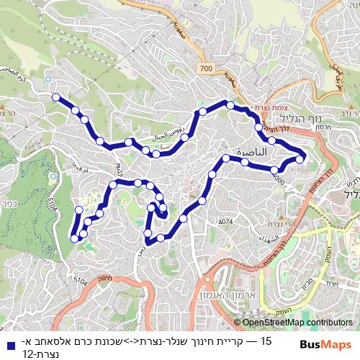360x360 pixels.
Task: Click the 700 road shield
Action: click(x=207, y=68)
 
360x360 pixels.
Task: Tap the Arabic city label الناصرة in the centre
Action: click(x=246, y=153)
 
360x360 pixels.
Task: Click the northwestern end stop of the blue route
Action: click(x=55, y=96)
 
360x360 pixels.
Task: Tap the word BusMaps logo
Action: click(x=325, y=344)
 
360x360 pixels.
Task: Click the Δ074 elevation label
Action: click(x=225, y=221)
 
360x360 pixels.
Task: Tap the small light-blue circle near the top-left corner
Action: click(x=48, y=79)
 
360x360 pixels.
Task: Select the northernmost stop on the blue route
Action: click(x=230, y=106)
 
